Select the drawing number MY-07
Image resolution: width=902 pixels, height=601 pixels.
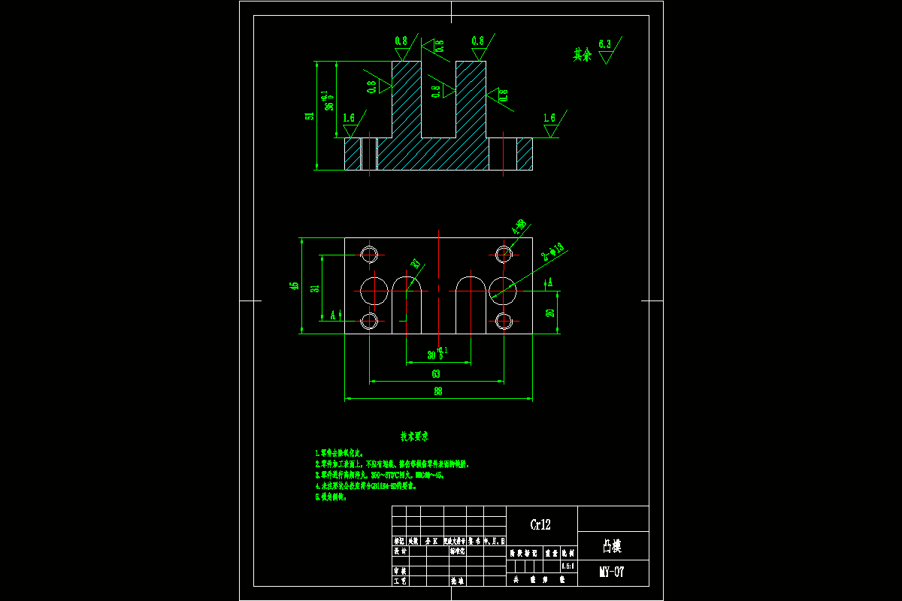point(612,572)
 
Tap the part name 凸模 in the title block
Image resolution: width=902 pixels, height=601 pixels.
point(612,544)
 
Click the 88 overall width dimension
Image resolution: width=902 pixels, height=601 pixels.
point(437,391)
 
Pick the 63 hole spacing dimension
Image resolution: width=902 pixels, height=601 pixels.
point(436,373)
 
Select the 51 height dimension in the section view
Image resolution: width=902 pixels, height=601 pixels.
point(309,116)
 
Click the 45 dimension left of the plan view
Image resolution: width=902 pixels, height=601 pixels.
point(295,285)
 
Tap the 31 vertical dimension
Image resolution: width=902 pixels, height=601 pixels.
point(315,287)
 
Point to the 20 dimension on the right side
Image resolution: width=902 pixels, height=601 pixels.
point(550,313)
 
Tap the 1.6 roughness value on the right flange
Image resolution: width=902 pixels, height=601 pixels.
point(549,118)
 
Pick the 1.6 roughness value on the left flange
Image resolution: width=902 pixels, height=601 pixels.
point(349,119)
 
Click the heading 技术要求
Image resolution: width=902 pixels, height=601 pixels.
point(414,436)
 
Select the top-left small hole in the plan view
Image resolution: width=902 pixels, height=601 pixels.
point(369,254)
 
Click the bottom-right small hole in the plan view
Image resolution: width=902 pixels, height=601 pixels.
point(504,322)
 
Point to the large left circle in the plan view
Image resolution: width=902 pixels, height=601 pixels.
point(374,288)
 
